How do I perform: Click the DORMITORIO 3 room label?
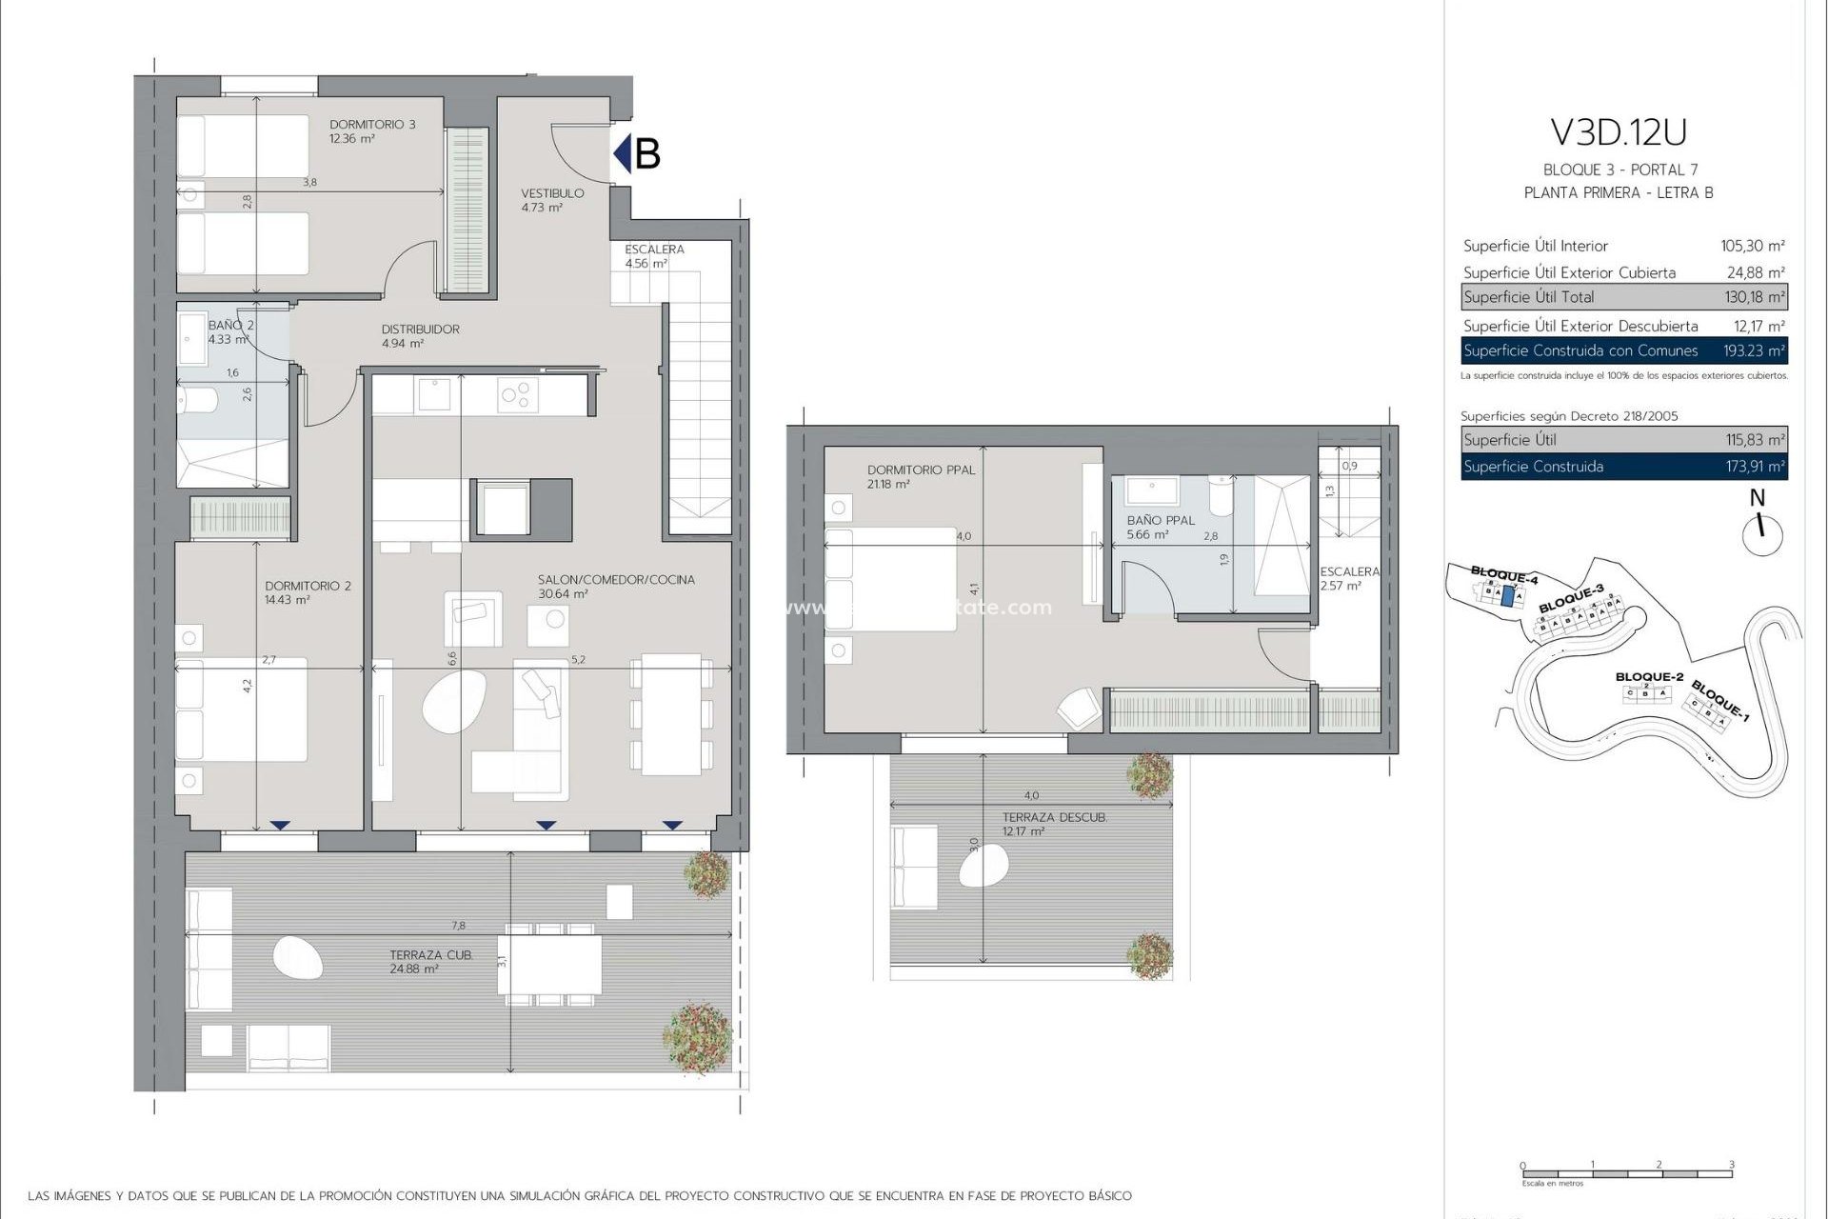point(372,125)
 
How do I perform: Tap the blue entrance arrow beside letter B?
point(623,153)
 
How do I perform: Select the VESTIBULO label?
point(552,193)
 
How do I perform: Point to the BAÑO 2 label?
point(230,326)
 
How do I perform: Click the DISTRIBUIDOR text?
point(420,330)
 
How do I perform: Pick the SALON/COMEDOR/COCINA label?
point(616,580)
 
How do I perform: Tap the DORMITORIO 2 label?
point(308,587)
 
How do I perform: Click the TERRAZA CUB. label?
point(430,955)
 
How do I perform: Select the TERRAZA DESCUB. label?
point(1054,818)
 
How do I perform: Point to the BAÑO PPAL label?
point(1160,521)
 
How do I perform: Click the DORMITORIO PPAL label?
point(921,470)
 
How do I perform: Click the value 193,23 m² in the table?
point(1754,351)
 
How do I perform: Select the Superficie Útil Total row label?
point(1528,297)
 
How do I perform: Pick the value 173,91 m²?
point(1755,467)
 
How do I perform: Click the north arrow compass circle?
point(1761,535)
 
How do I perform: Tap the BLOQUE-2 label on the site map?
point(1649,677)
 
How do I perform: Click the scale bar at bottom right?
point(1626,1173)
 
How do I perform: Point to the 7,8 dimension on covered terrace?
point(459,926)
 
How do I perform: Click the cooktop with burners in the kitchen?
point(518,394)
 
